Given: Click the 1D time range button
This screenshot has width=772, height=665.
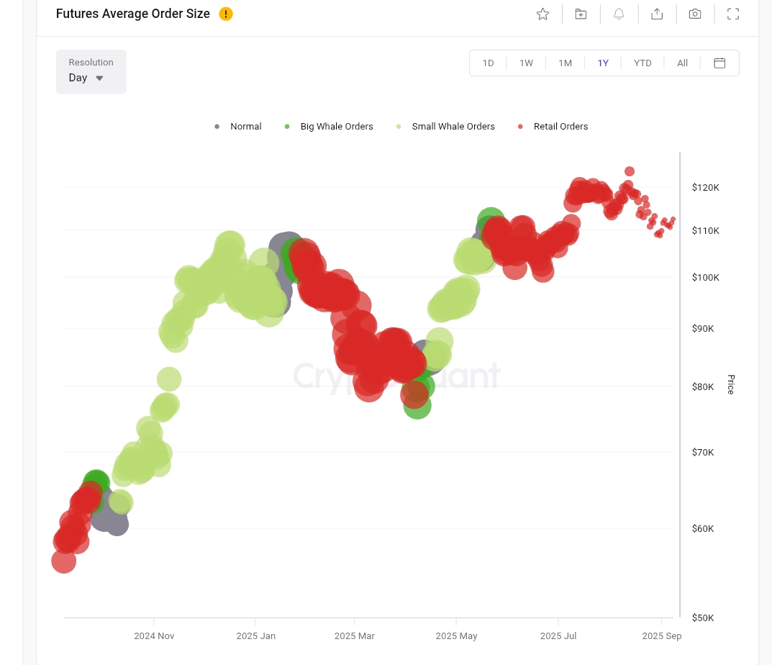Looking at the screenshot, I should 488,63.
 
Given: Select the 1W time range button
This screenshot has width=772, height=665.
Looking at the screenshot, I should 526,63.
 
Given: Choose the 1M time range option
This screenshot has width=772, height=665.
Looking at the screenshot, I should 565,63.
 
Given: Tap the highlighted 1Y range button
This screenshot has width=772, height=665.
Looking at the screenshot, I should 603,63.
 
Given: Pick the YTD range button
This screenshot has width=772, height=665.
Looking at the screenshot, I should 642,63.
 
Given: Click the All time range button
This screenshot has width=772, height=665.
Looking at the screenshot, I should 682,63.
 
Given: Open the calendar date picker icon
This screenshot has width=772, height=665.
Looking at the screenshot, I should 719,63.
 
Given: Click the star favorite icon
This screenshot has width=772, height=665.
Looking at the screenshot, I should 542,14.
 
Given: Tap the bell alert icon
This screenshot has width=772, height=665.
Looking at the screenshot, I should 619,14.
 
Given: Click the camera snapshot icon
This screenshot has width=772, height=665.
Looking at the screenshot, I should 695,14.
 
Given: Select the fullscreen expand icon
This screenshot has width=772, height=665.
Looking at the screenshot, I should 733,14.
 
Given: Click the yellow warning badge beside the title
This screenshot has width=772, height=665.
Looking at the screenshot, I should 226,14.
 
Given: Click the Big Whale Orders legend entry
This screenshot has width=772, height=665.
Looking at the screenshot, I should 336,127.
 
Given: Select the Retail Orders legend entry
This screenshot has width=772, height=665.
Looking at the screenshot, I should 560,127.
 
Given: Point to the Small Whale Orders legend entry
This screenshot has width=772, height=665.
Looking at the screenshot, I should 453,127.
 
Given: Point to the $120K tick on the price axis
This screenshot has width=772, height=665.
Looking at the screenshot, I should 705,188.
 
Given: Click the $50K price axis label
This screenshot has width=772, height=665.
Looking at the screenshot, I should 702,618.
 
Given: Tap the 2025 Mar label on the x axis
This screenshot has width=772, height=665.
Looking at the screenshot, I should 355,636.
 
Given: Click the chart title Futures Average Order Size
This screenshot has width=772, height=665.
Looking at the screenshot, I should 133,14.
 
